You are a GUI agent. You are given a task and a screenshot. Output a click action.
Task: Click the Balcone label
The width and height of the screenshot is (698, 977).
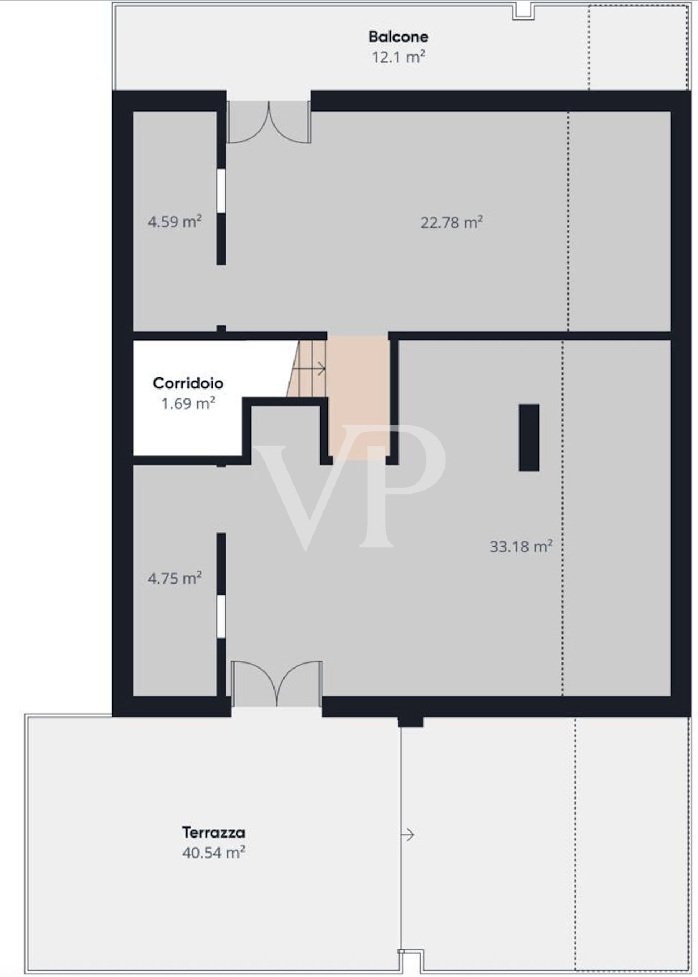[398, 37]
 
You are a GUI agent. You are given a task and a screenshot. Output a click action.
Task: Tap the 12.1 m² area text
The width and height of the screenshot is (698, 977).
[398, 57]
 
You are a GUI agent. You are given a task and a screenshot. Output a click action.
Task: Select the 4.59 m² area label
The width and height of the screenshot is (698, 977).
[174, 222]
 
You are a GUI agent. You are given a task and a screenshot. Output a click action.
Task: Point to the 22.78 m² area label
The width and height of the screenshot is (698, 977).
[451, 222]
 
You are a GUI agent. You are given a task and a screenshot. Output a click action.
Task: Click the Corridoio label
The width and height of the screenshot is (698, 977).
[188, 383]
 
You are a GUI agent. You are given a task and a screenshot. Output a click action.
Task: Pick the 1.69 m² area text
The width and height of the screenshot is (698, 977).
[188, 403]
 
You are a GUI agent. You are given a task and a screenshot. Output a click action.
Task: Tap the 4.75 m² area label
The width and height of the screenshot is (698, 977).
[174, 579]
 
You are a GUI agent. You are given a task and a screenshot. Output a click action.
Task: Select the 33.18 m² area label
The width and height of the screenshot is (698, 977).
[521, 546]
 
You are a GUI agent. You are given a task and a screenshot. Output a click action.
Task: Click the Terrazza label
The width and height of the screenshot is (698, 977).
[213, 832]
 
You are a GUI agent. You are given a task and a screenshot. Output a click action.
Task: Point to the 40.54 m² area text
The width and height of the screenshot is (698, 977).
[213, 852]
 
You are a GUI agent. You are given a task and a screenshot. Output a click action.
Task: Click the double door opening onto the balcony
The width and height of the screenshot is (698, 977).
[269, 122]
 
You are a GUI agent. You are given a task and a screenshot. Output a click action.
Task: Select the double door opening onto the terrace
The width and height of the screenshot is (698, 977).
[276, 684]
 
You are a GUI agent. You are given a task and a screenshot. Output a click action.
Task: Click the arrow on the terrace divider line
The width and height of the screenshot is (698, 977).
[408, 834]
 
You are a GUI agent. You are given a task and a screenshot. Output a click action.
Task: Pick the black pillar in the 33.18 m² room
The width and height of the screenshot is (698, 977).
[529, 437]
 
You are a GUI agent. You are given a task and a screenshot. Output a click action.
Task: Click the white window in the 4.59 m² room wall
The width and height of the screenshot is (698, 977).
[221, 191]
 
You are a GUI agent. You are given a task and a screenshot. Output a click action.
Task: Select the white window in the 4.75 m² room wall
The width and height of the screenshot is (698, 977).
[221, 616]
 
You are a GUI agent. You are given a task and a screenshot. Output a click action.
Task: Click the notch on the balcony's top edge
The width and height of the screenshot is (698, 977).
[523, 11]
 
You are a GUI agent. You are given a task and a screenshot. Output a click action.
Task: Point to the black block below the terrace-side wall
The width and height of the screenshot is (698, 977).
[411, 721]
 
